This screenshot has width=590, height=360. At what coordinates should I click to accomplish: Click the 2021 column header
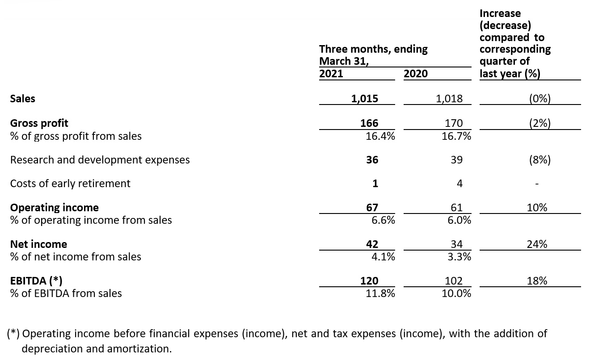(331, 74)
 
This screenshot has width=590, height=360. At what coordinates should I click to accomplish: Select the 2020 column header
(415, 74)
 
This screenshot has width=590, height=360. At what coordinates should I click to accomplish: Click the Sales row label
(22, 99)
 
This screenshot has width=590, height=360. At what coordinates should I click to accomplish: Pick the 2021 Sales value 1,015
(364, 99)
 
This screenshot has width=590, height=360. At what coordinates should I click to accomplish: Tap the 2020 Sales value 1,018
(449, 99)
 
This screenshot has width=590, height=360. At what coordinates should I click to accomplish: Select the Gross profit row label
(39, 123)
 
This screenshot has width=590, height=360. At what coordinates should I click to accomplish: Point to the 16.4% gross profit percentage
(380, 136)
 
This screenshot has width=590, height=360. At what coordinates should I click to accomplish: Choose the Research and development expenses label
(100, 160)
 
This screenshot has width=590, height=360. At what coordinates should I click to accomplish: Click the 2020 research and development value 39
(456, 160)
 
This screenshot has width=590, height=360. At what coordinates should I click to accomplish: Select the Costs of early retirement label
(70, 184)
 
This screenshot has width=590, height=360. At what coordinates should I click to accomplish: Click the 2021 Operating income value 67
(372, 208)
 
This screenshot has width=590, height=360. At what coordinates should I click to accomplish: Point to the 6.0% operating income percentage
(459, 220)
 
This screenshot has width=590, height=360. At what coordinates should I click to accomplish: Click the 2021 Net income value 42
(372, 244)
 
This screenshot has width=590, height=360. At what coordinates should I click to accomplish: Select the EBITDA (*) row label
(36, 281)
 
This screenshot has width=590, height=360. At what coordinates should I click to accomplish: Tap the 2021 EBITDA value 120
(369, 281)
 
